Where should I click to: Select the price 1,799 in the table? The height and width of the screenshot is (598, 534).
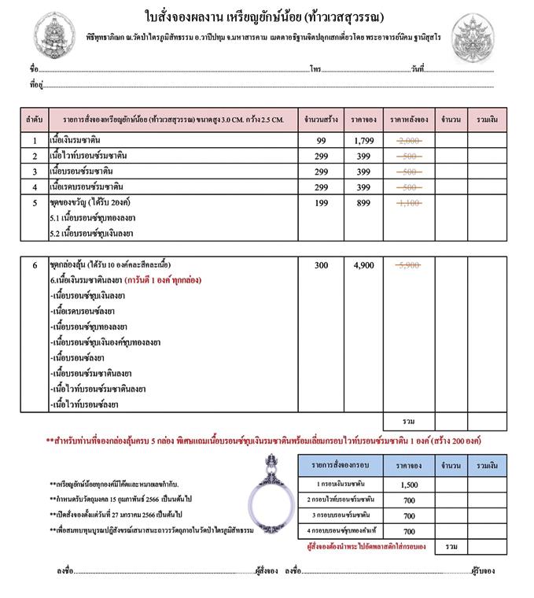tap(363, 141)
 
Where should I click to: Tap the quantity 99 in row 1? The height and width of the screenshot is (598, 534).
tap(321, 141)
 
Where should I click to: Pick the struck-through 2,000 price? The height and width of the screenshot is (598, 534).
tap(409, 141)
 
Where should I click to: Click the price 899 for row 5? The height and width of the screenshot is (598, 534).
tap(363, 202)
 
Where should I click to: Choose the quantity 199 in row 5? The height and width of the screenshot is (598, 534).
tap(321, 202)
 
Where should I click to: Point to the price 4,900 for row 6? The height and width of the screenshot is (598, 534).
tap(363, 265)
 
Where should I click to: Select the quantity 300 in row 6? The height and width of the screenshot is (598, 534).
tap(321, 265)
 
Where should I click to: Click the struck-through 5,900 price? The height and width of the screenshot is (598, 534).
tap(409, 265)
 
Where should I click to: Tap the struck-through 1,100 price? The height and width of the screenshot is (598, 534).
tap(409, 202)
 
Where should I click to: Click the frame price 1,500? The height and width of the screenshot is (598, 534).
tap(409, 485)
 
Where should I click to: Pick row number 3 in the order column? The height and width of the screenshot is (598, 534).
tap(35, 172)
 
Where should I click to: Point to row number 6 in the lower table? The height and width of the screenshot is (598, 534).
tap(35, 265)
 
